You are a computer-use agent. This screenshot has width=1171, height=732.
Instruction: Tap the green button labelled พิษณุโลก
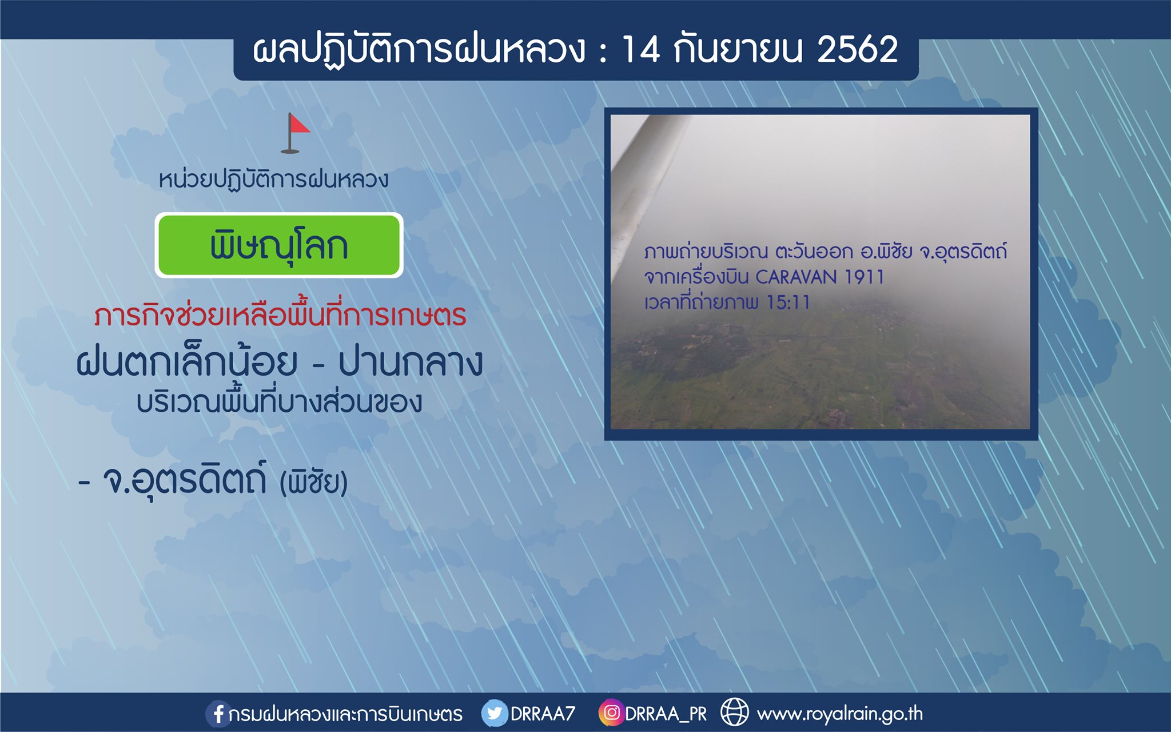pos(279,245)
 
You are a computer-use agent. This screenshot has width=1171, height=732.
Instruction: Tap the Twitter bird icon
pos(494,713)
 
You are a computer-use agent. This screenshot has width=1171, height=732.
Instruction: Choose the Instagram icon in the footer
pos(611,713)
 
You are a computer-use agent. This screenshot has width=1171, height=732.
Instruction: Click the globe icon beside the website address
pos(734,713)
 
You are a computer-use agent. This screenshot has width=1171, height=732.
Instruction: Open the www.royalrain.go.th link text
pos(839,714)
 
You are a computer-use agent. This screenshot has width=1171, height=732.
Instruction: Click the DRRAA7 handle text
pos(543,714)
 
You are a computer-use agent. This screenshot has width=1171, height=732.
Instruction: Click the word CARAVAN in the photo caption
pos(796,277)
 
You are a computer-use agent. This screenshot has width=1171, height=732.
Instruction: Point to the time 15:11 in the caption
pos(788,303)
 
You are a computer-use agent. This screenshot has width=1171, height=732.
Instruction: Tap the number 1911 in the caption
pos(864,277)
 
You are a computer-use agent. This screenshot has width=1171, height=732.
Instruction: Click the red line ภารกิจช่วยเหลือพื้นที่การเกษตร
pos(280,315)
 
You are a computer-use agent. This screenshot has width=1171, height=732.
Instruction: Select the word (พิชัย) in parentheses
pos(313,482)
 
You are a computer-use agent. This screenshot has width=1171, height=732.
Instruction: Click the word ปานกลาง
pos(411,362)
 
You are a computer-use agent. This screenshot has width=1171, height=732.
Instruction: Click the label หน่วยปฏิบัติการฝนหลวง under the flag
pos(273,180)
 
